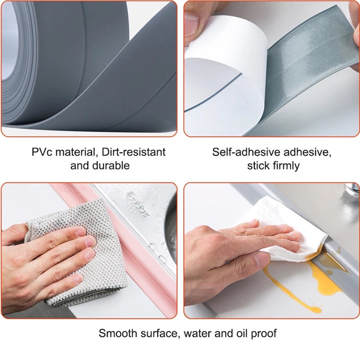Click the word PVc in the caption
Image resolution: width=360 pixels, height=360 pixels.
point(42,152)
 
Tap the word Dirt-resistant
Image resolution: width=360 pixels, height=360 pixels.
point(133,152)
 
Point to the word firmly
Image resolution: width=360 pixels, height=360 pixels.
point(286,166)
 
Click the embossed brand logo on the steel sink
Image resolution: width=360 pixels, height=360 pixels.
point(138,203)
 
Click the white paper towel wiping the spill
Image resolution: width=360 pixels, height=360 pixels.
point(287,232)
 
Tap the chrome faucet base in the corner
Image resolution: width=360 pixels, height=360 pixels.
point(352,191)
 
